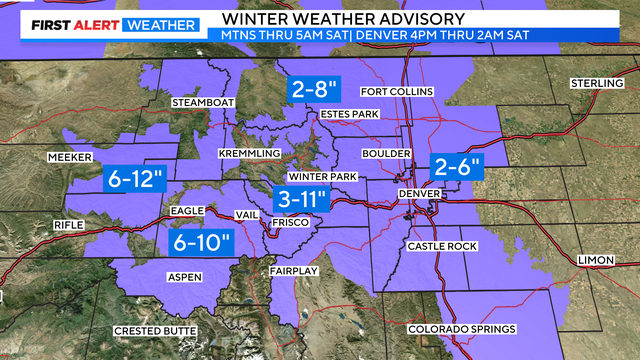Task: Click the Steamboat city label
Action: (x=203, y=102)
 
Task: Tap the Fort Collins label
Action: (x=396, y=92)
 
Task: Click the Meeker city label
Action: (x=70, y=157)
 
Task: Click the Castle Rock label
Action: (x=437, y=245)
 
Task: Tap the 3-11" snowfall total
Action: (x=304, y=197)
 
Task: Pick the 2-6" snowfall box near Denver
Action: (x=456, y=166)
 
